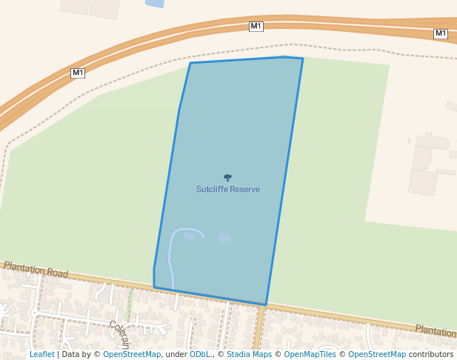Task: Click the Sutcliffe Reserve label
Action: (227, 190)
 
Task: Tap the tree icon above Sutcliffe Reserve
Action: (227, 178)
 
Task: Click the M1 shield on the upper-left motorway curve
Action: (78, 73)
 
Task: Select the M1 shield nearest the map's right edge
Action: (441, 33)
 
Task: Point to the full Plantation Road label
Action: (36, 269)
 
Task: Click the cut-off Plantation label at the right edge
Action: (436, 330)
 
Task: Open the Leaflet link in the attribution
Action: (41, 354)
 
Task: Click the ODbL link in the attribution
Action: (199, 354)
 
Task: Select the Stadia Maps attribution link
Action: (248, 354)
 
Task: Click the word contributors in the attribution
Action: (430, 354)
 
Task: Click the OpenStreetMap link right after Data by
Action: (131, 354)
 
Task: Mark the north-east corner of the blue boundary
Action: (302, 59)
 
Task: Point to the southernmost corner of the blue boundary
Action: (265, 304)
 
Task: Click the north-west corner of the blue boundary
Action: (190, 63)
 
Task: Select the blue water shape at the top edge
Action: (155, 3)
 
